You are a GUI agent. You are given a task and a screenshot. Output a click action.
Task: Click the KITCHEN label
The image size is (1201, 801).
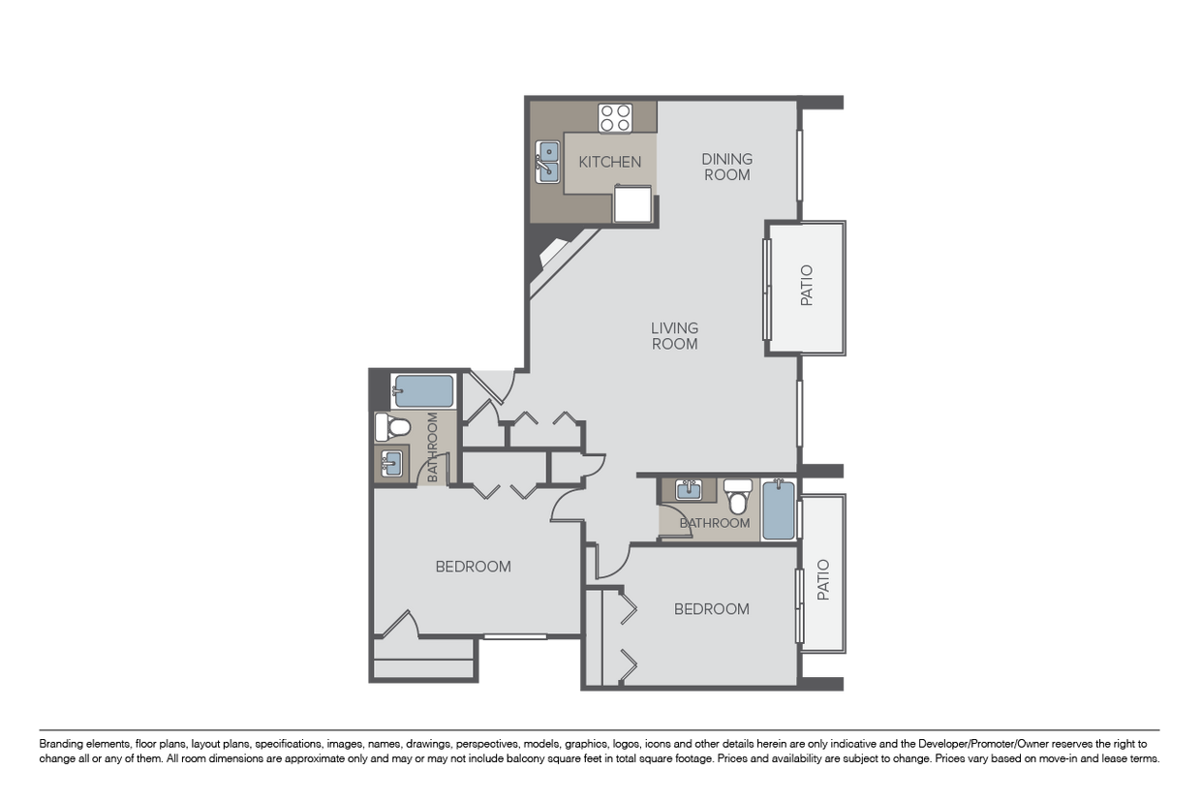[x=609, y=162]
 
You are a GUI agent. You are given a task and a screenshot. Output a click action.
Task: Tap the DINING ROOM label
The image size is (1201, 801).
[x=727, y=167]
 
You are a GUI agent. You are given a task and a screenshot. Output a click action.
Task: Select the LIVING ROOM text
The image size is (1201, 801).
[x=674, y=336]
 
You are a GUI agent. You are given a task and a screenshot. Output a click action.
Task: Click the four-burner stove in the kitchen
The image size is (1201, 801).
[x=615, y=118]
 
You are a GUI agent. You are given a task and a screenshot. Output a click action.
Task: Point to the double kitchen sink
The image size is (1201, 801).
[x=547, y=162]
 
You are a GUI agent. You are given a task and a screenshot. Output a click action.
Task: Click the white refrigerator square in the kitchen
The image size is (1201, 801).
[x=632, y=203]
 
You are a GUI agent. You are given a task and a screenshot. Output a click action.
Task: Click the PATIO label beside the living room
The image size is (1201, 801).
[x=807, y=286]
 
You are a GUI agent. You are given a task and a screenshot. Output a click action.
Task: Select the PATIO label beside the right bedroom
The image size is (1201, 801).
[x=823, y=579]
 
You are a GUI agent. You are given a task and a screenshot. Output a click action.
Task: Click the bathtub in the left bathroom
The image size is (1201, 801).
[x=423, y=391]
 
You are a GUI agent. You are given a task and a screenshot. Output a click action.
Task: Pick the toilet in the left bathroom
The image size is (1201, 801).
[x=392, y=427]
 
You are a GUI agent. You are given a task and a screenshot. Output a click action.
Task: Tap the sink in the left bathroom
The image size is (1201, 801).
[x=391, y=463]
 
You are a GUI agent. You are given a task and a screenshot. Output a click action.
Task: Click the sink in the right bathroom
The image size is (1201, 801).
[x=689, y=490]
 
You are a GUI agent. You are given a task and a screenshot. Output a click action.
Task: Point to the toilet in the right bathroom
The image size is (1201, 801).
[x=738, y=497]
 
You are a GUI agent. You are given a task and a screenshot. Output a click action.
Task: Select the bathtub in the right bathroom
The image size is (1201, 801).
[x=779, y=509]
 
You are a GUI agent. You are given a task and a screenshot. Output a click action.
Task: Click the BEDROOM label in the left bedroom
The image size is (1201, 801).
[x=473, y=567]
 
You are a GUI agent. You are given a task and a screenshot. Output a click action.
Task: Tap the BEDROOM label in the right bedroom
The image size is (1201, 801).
[x=712, y=609]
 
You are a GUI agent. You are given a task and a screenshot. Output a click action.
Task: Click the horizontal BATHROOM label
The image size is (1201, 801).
[x=715, y=523]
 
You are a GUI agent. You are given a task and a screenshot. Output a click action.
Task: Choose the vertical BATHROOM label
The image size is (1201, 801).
[x=432, y=447]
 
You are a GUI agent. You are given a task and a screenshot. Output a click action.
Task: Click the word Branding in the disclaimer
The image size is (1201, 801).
[x=59, y=744]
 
